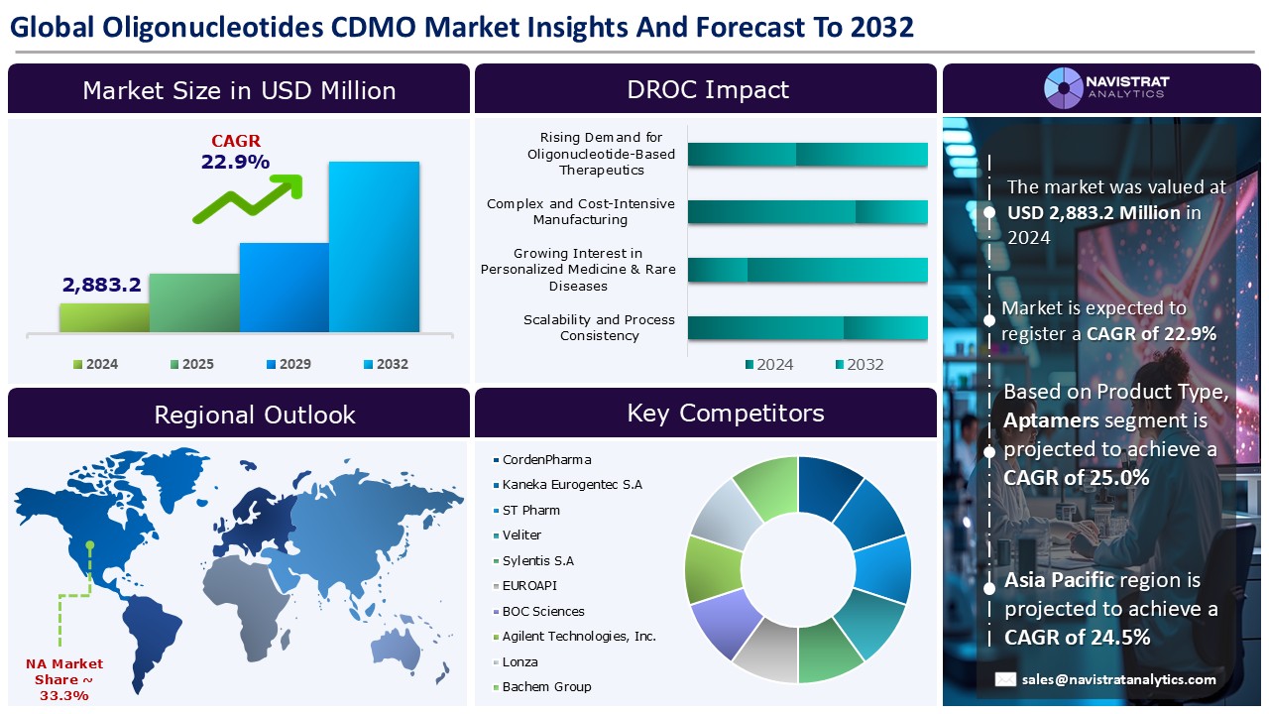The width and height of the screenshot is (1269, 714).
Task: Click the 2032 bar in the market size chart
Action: pos(374,247)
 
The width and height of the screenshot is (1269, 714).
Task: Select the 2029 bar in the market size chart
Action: pos(285,288)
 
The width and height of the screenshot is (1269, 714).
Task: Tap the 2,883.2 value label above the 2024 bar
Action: pos(102,285)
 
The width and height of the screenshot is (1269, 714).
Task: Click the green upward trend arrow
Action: pos(249,198)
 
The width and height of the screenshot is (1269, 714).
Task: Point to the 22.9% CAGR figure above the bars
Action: pos(235,162)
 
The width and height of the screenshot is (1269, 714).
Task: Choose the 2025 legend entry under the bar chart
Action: pos(192,364)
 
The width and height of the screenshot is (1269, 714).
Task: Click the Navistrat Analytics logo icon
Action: pos(1064,88)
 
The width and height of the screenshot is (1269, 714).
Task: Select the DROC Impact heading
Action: pos(708,89)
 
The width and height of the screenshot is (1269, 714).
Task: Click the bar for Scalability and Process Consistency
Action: pos(807,328)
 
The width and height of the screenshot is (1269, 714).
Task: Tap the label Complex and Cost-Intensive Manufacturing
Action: pos(581,211)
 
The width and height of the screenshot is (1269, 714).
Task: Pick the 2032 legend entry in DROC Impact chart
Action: pos(860,364)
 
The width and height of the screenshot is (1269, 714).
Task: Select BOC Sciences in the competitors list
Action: pos(538,611)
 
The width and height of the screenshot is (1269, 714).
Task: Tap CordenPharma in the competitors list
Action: pos(542,459)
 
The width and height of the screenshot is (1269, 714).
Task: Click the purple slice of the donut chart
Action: pos(725,622)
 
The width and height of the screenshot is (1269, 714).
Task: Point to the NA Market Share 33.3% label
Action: pos(64,679)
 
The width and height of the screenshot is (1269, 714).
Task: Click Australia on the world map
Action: pos(397,652)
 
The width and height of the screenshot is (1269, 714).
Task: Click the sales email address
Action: pos(1119,679)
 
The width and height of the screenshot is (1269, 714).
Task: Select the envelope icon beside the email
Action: pos(1005,679)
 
